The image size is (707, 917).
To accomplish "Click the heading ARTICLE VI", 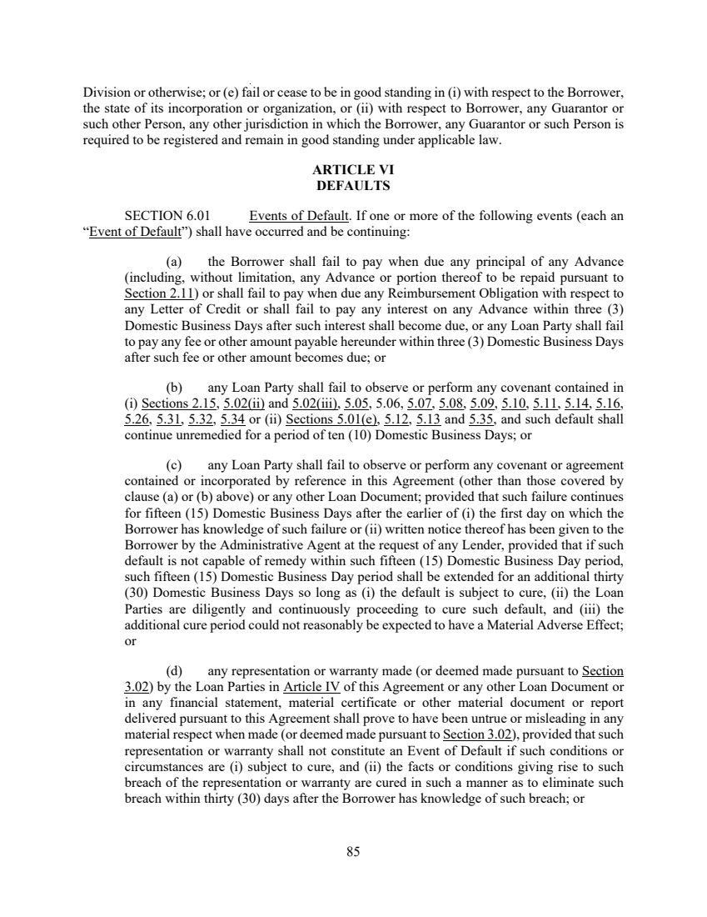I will click(353, 170).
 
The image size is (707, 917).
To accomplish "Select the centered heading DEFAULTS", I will click(353, 185).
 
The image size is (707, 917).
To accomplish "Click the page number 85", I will click(353, 851).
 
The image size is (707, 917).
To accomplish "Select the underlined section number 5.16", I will click(610, 405).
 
